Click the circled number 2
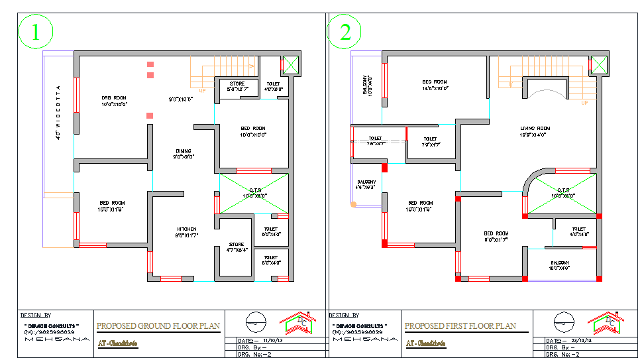345,32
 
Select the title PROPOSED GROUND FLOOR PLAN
158,326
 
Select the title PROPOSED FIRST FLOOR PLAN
460,326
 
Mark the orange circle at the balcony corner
354,205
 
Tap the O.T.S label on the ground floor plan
254,192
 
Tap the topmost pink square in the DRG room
150,64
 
